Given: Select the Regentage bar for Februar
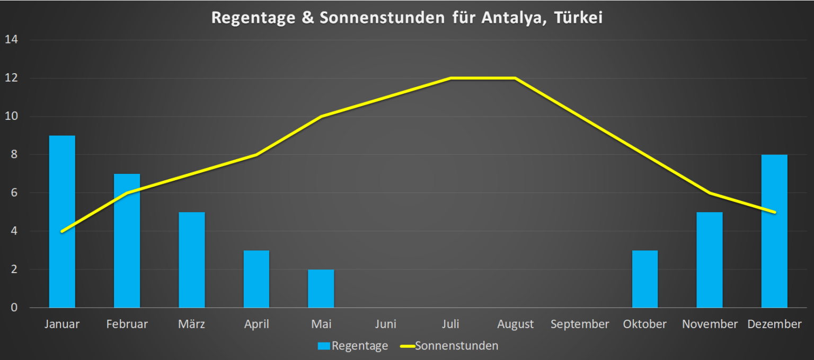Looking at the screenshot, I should click(x=127, y=241).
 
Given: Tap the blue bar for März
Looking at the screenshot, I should click(x=191, y=260).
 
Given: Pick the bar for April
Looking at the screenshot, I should click(x=256, y=279).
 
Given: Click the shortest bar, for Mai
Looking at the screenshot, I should click(x=321, y=288).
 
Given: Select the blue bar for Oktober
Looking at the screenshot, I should click(x=645, y=279).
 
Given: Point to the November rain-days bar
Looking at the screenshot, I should click(x=710, y=260).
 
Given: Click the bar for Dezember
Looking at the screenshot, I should click(x=774, y=231).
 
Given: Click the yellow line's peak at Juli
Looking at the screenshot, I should click(x=450, y=78).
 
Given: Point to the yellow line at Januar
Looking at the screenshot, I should click(x=63, y=231).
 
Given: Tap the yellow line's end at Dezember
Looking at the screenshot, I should click(x=775, y=212).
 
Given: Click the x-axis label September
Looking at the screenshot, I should click(x=580, y=324).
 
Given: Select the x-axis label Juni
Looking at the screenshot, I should click(x=385, y=324).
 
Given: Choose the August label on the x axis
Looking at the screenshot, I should click(x=515, y=324).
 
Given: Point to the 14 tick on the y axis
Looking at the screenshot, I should click(x=11, y=40).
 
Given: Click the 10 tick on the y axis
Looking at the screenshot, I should click(x=11, y=117).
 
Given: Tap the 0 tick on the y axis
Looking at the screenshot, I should click(x=14, y=308).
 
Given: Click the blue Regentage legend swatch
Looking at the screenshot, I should click(x=324, y=346).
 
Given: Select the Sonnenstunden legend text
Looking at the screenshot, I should click(x=456, y=346).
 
